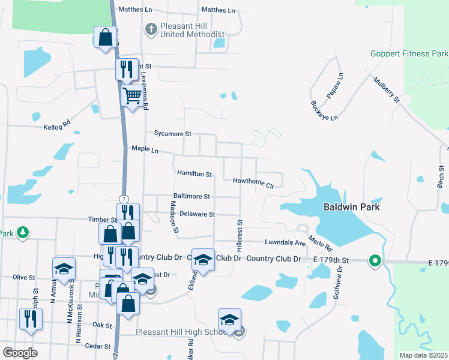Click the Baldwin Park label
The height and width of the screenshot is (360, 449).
[x=352, y=207]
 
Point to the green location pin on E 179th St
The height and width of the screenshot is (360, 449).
[x=375, y=260]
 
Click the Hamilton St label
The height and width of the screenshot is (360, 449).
[x=194, y=174]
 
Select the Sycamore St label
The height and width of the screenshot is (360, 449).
[x=172, y=134]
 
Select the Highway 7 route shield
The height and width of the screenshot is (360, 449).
[x=123, y=199]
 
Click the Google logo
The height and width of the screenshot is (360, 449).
[x=20, y=353]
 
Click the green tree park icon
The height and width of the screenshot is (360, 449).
[x=23, y=232]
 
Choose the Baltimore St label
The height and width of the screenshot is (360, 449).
[x=191, y=196]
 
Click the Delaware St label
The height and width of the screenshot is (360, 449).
[x=197, y=214]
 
